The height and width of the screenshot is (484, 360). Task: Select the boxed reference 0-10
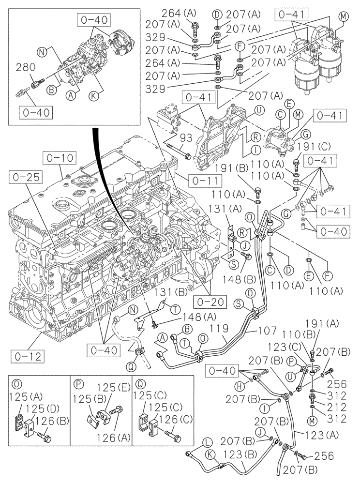[x=59, y=157]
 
